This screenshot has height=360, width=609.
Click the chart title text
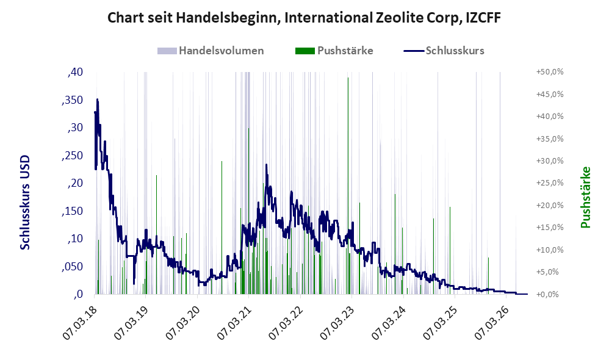pyautogui.click(x=304, y=18)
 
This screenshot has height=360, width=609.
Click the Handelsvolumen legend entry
pyautogui.click(x=211, y=51)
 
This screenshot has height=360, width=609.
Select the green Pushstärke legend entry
pyautogui.click(x=334, y=51)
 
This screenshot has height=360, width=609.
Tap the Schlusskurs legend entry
pyautogui.click(x=444, y=51)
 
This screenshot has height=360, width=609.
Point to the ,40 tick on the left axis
pyautogui.click(x=75, y=72)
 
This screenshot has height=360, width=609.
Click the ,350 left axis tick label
pyautogui.click(x=72, y=100)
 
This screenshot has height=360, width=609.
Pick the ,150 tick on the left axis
pyautogui.click(x=72, y=211)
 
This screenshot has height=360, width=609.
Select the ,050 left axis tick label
pyautogui.click(x=72, y=267)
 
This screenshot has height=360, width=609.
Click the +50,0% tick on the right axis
pyautogui.click(x=550, y=72)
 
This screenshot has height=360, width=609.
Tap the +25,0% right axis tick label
pyautogui.click(x=550, y=183)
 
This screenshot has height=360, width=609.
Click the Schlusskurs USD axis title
pyautogui.click(x=25, y=203)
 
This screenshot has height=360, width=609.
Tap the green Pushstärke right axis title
pyautogui.click(x=586, y=197)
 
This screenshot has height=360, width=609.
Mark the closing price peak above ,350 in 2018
pyautogui.click(x=98, y=99)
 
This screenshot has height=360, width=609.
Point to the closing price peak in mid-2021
pyautogui.click(x=267, y=165)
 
